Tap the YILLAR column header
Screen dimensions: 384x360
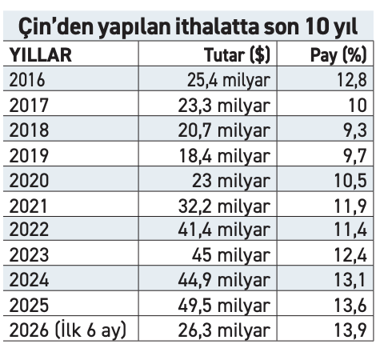pyautogui.click(x=41, y=55)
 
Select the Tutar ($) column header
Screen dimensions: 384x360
pyautogui.click(x=238, y=55)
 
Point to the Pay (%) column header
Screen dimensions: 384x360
pyautogui.click(x=338, y=55)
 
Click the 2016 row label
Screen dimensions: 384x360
pyautogui.click(x=27, y=80)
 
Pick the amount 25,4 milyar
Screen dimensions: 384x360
pyautogui.click(x=229, y=80)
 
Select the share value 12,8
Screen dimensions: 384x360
pyautogui.click(x=352, y=80)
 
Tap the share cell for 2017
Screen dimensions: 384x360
pyautogui.click(x=358, y=105)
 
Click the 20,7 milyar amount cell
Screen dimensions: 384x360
pyautogui.click(x=224, y=130)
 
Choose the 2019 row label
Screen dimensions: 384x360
pyautogui.click(x=29, y=155)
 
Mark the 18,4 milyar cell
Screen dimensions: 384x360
pyautogui.click(x=225, y=156)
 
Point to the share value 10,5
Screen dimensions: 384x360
pyautogui.click(x=351, y=181)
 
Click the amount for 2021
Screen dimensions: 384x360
pyautogui.click(x=224, y=206)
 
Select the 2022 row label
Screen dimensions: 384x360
pyautogui.click(x=29, y=230)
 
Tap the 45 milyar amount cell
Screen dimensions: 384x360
pyautogui.click(x=231, y=255)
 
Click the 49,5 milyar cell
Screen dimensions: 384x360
pyautogui.click(x=224, y=306)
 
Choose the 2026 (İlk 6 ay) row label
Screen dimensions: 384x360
pyautogui.click(x=68, y=330)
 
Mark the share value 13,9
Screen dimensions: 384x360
pyautogui.click(x=351, y=330)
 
